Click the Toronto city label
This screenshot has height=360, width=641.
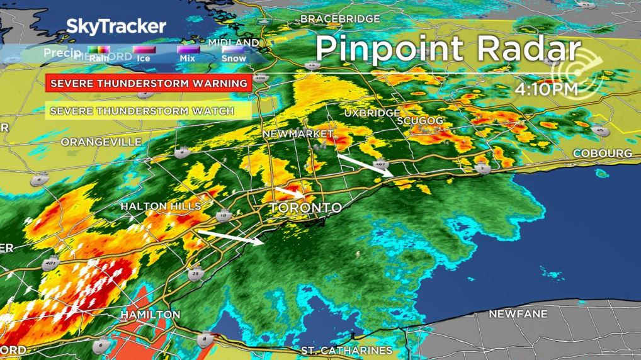306,208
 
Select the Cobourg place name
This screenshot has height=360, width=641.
603,154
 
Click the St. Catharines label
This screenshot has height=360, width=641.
346,350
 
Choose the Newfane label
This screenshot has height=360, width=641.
518,313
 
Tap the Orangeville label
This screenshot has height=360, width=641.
101,142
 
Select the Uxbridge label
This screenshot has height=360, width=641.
372,113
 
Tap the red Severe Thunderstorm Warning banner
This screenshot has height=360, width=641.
149,83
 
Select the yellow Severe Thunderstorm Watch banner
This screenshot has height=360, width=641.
142,111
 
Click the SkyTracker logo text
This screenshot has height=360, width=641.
116,26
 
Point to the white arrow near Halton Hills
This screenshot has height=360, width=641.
229,237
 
